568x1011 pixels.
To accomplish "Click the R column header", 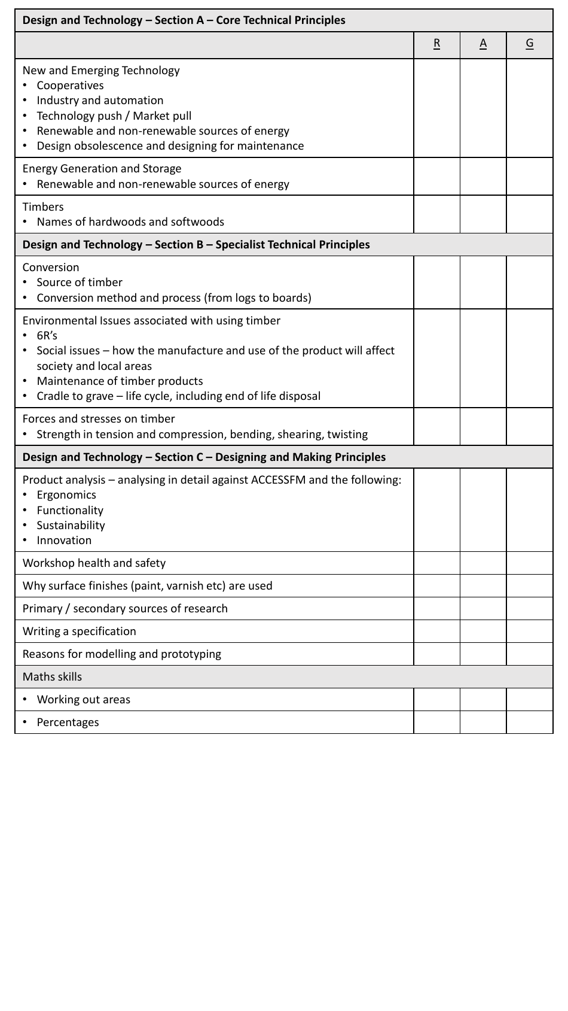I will tap(436, 44).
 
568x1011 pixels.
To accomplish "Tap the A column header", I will tap(483, 44).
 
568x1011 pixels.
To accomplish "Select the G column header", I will tap(530, 44).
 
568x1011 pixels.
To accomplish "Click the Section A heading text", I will tap(184, 20).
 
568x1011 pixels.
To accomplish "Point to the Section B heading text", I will tap(196, 245).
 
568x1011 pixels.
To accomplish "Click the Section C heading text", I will tap(204, 457).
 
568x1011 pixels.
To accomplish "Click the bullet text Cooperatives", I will tap(70, 86).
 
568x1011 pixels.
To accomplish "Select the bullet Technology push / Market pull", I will tap(114, 116).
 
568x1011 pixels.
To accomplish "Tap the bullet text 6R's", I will tap(47, 336).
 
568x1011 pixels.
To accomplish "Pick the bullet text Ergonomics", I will tap(66, 495).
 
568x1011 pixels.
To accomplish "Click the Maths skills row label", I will tap(52, 677).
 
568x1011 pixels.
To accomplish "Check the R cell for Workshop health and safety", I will tap(436, 563).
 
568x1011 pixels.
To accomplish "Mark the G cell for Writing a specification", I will tap(530, 632).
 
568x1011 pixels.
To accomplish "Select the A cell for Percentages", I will tap(483, 722).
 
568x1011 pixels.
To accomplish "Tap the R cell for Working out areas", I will tap(436, 700).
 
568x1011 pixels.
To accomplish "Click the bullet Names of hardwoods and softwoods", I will tap(130, 222).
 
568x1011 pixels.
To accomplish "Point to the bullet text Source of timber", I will tap(80, 283).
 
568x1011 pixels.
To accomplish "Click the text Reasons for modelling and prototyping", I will tap(121, 654).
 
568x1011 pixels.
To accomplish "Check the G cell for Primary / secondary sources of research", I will tap(530, 609).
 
